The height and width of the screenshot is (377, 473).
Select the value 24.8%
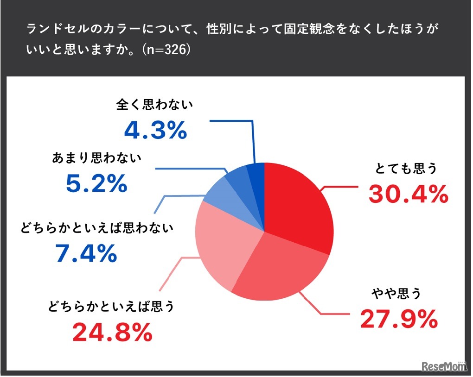(x=111, y=332)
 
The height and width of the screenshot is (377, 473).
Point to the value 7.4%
(x=86, y=253)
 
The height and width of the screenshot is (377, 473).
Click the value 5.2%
(x=96, y=184)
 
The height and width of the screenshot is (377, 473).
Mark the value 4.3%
(x=155, y=131)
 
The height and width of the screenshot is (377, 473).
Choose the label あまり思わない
(x=97, y=159)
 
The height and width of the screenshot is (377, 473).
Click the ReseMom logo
(x=443, y=366)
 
